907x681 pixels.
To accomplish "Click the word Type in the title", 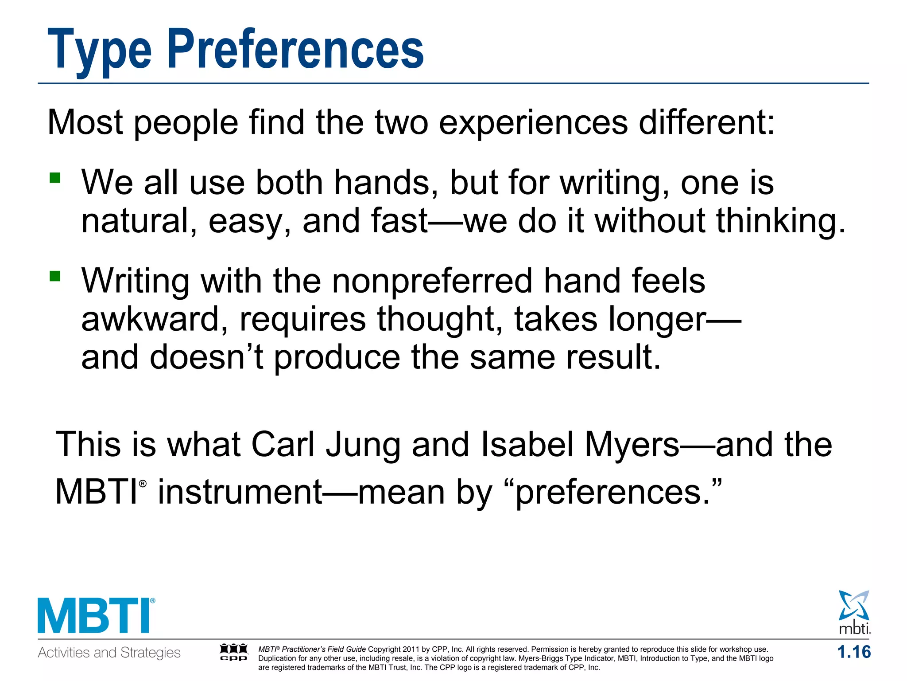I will point(99,50).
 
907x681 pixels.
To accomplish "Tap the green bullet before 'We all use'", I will point(55,178).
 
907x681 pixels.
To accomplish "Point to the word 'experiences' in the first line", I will point(533,122).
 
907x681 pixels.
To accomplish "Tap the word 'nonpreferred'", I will point(432,281).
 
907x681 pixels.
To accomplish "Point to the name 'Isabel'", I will point(527,445).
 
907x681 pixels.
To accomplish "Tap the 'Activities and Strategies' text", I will point(109,653).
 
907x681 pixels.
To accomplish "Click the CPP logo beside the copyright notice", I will point(234,652).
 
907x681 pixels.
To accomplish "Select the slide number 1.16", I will point(854,652).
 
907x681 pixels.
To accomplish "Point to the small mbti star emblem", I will point(854,607).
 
